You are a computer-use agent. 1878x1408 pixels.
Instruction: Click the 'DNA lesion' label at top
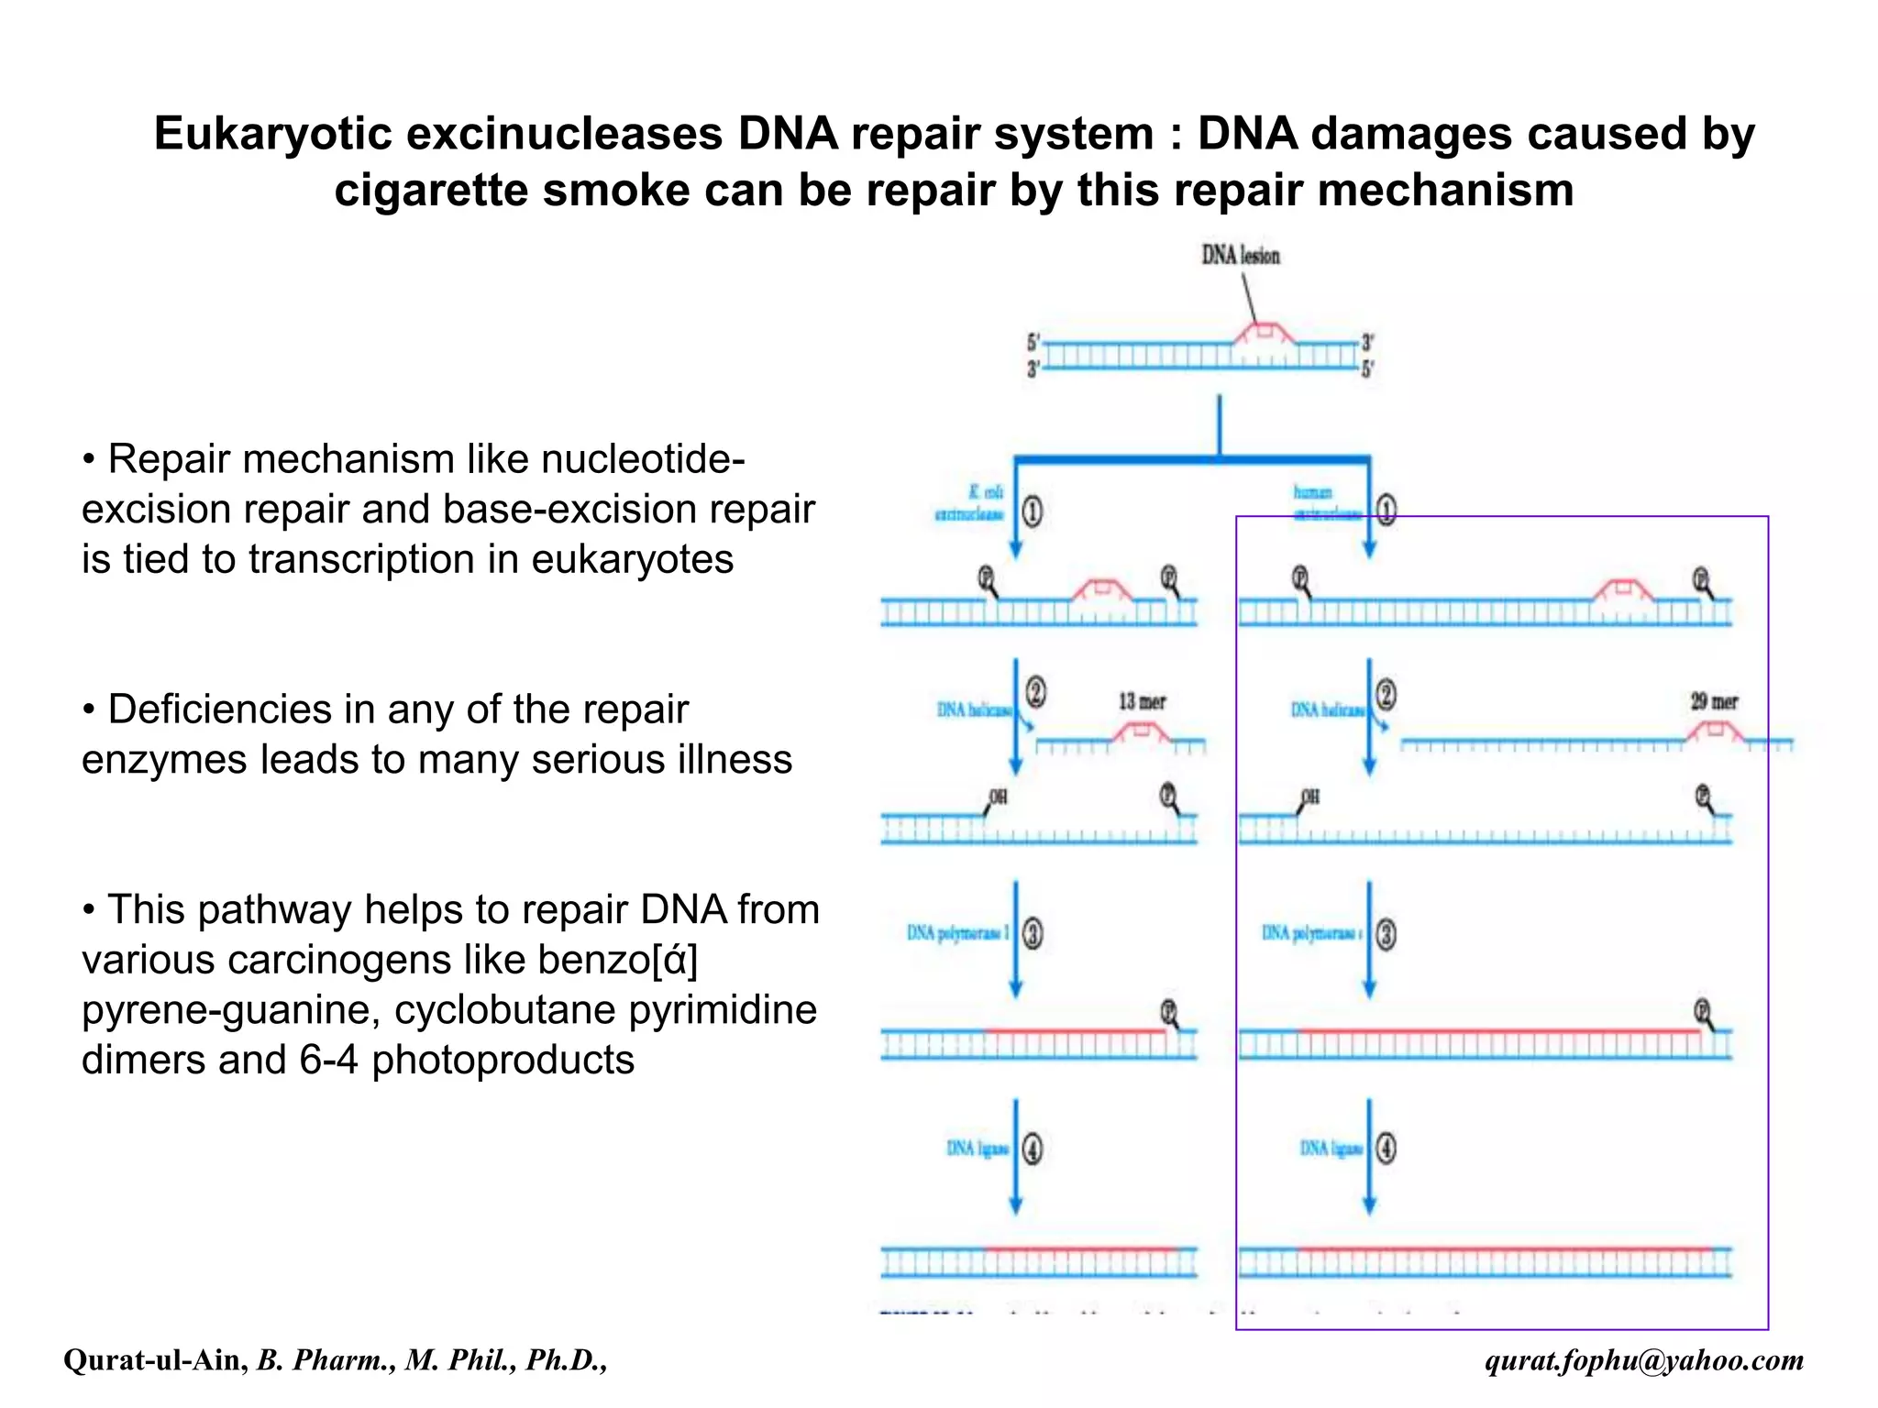[x=1240, y=255]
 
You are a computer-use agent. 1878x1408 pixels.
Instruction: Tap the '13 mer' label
[x=1142, y=702]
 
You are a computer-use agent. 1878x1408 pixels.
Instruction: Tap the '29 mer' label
[x=1714, y=702]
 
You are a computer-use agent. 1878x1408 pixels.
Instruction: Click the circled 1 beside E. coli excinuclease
[x=1033, y=511]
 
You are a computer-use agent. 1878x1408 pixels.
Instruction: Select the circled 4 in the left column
[x=1033, y=1149]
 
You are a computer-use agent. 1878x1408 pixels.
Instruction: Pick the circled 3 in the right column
[x=1386, y=934]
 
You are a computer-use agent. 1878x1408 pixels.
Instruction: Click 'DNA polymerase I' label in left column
[x=957, y=933]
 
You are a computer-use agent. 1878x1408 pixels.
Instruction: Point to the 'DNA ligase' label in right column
[x=1331, y=1149]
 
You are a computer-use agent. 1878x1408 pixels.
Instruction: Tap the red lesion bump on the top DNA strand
[x=1265, y=332]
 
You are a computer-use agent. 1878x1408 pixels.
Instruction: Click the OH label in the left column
[x=998, y=797]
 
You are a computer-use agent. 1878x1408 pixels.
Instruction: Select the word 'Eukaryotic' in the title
[x=272, y=134]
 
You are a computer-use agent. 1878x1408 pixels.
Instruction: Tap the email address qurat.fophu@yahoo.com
[x=1643, y=1360]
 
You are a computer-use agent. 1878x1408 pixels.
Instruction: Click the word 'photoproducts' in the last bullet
[x=503, y=1060]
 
